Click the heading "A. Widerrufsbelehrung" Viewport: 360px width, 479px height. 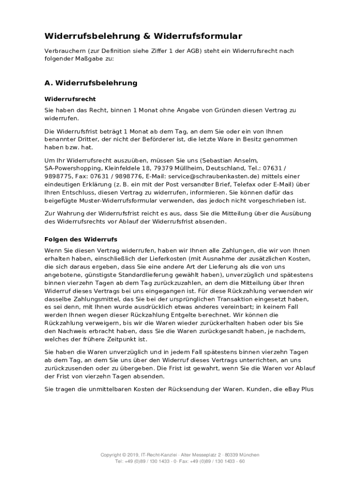(91, 83)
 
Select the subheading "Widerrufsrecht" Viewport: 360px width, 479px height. (70, 99)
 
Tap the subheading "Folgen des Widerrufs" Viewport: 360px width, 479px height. (81, 239)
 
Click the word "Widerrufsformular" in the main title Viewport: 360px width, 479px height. (197, 36)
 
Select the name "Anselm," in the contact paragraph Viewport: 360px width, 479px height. (244, 160)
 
